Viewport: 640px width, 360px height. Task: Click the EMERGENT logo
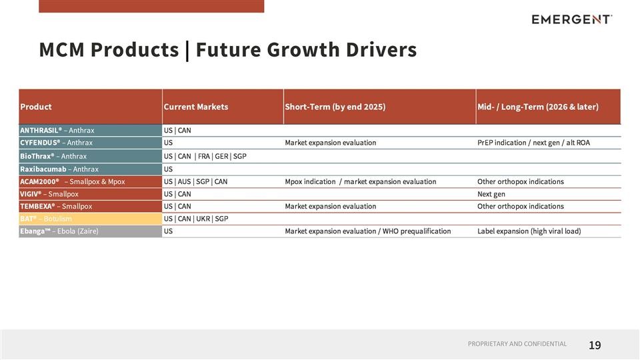571,19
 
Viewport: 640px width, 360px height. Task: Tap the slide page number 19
595,345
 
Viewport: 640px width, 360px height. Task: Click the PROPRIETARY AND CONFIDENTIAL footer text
517,344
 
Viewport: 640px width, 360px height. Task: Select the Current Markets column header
196,107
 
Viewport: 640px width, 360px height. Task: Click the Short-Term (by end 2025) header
335,107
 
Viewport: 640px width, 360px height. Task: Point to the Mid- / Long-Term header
537,107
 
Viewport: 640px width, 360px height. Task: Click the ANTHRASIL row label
57,130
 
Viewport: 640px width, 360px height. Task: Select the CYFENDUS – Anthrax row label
57,143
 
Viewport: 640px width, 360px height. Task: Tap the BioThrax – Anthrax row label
53,156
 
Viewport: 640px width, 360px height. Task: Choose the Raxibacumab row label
59,169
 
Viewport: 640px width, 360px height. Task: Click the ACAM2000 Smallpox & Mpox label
72,181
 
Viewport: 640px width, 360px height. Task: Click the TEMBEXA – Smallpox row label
56,206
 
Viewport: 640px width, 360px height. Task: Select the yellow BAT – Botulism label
46,219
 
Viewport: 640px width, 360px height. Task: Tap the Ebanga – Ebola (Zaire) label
63,231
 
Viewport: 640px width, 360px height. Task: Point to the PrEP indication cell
533,143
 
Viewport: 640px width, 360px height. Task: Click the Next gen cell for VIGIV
491,194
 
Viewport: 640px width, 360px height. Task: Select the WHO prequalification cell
367,231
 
